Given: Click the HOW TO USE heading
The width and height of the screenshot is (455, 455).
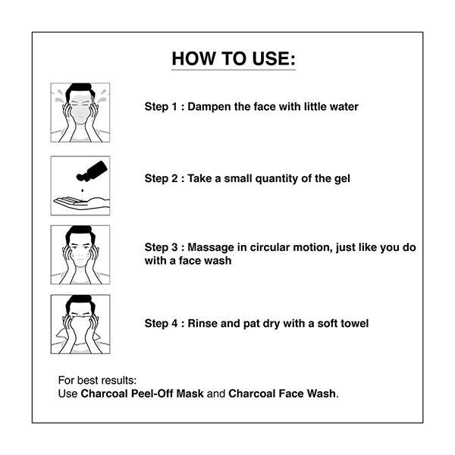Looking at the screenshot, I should pos(233,59).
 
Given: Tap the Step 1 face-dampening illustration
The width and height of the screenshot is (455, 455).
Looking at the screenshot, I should pos(80,112).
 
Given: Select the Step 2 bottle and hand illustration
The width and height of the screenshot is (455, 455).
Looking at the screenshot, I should pos(80,184).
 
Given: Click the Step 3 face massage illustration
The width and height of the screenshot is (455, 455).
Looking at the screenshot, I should pos(80,255).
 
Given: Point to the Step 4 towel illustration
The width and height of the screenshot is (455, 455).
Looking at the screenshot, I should pos(80,324).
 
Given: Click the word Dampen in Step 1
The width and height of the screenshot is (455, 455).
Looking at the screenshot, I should pos(209,107).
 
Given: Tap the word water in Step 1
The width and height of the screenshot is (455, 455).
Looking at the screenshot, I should pos(342,107).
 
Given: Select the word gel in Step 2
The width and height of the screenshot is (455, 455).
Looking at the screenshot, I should pos(341,178).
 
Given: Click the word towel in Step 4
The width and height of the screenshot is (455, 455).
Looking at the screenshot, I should pos(353,323).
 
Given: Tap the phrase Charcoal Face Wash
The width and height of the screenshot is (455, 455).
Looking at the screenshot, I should pos(282,394).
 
